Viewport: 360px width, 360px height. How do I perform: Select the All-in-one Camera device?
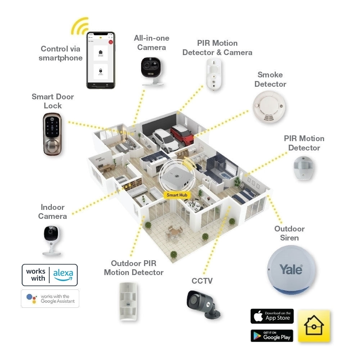151,70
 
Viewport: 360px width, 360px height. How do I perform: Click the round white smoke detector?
269,107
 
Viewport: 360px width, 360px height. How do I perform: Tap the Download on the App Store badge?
272,316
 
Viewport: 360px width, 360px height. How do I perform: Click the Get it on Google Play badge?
272,336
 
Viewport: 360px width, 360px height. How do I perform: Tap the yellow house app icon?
314,325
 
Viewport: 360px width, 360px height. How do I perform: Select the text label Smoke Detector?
270,80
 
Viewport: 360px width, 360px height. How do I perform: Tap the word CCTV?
202,281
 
